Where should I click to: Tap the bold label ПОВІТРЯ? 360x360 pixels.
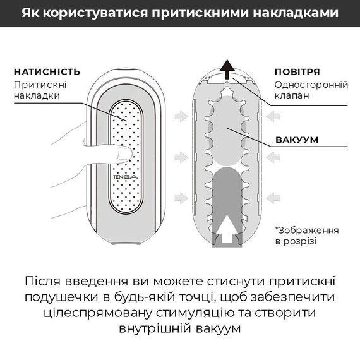(297, 71)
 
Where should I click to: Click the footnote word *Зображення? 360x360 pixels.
(306, 229)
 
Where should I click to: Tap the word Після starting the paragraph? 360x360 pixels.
(45, 280)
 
